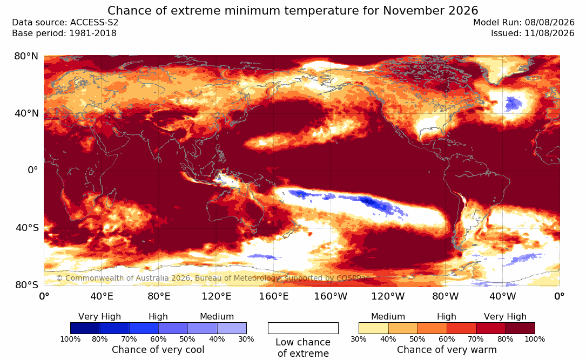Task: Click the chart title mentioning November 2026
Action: tap(293, 10)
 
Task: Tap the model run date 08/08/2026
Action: tap(549, 23)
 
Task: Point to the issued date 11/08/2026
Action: tap(549, 33)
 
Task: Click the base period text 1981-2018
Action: tap(93, 33)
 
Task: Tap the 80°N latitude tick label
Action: tap(26, 56)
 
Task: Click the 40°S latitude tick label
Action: tap(26, 227)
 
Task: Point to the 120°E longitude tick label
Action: tap(217, 296)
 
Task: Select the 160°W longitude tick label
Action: tap(331, 296)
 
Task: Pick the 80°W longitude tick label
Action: tap(446, 296)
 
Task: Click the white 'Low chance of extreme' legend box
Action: tap(303, 328)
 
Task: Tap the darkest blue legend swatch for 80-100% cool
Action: tap(85, 328)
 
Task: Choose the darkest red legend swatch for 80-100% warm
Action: tap(520, 328)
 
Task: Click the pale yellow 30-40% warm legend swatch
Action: tap(373, 328)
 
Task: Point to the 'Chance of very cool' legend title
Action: tap(158, 350)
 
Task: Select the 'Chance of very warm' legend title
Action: tap(447, 350)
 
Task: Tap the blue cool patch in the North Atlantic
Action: tap(514, 103)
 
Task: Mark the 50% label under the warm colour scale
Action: tap(417, 339)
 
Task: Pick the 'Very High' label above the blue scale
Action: tap(99, 317)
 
